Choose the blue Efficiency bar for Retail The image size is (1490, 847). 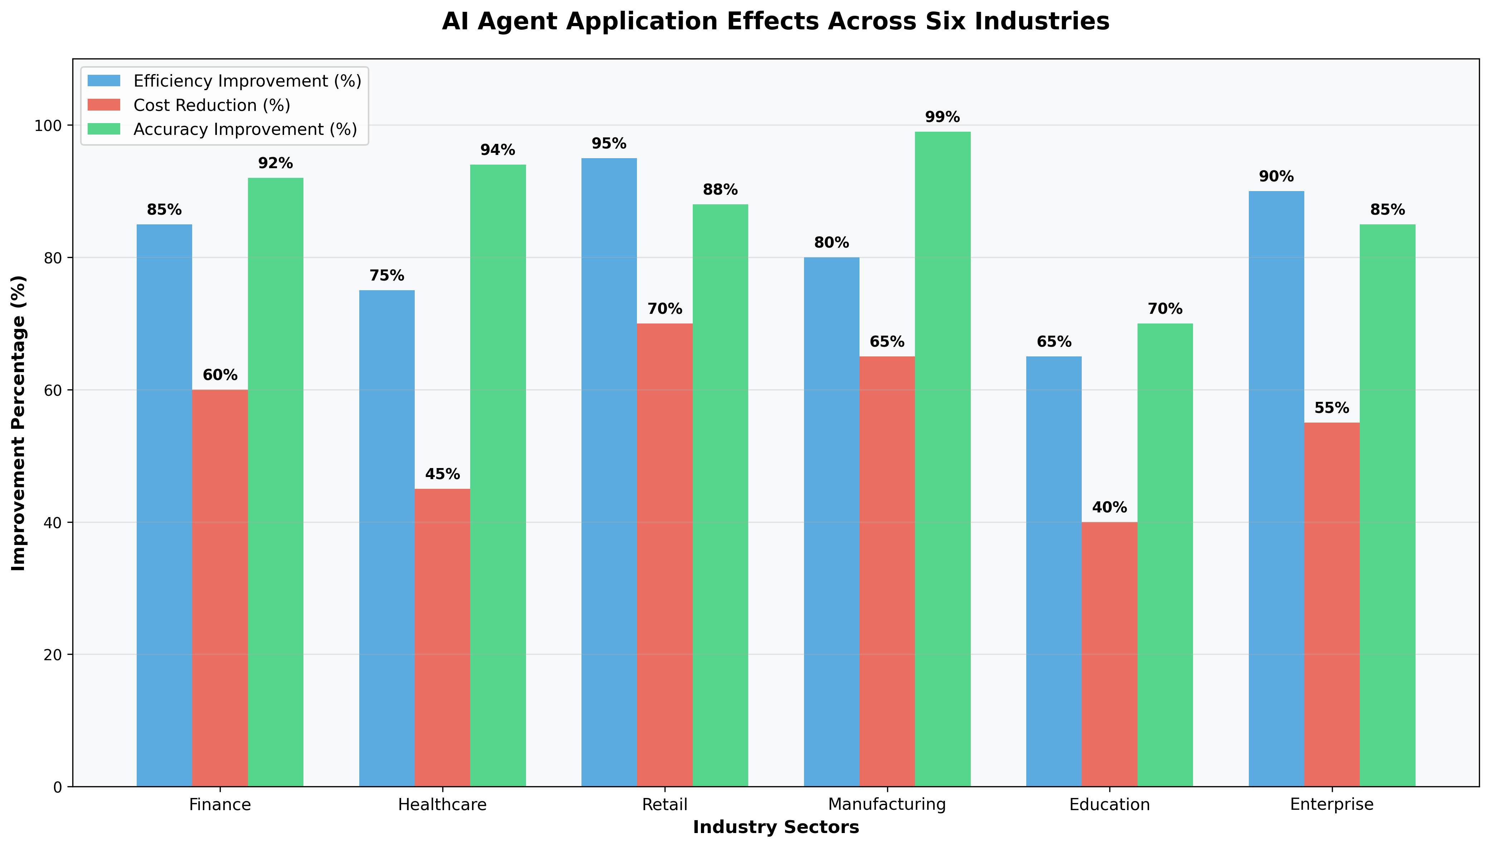click(609, 472)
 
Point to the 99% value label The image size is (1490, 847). click(942, 117)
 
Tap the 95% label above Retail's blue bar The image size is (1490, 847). click(609, 144)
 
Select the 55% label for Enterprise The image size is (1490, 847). click(1331, 408)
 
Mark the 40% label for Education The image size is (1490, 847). click(1109, 507)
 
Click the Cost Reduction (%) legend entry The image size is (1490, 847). click(212, 105)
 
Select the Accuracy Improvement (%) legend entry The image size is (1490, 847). click(245, 129)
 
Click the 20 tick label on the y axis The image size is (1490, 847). click(54, 654)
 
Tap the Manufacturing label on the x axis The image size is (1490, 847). click(887, 804)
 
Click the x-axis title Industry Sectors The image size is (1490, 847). click(776, 827)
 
